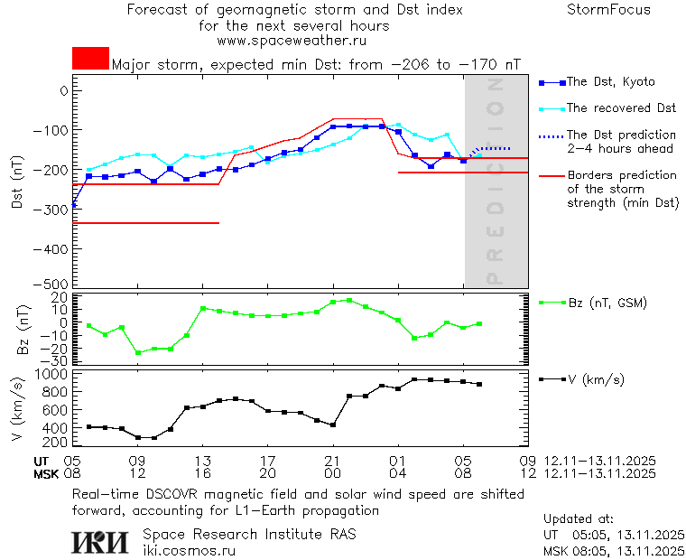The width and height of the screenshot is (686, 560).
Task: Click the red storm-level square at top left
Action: pos(90,59)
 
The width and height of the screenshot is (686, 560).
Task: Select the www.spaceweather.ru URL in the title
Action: pos(292,41)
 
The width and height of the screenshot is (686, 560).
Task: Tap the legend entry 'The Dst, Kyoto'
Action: pos(609,82)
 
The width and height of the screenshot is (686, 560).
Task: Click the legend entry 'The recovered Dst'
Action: pos(621,108)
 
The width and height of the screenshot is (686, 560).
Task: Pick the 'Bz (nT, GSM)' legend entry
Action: pos(607,303)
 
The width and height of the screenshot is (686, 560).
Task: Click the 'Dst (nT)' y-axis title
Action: pos(16,188)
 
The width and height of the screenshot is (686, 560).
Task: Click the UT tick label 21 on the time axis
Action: pos(333,461)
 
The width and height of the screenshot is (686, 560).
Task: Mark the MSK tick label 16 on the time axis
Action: pos(203,473)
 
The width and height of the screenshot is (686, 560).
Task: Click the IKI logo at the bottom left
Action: pos(99,541)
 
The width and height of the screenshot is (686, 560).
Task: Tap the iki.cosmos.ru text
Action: pos(189,549)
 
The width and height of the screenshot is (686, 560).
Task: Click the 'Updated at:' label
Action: pos(579,519)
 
